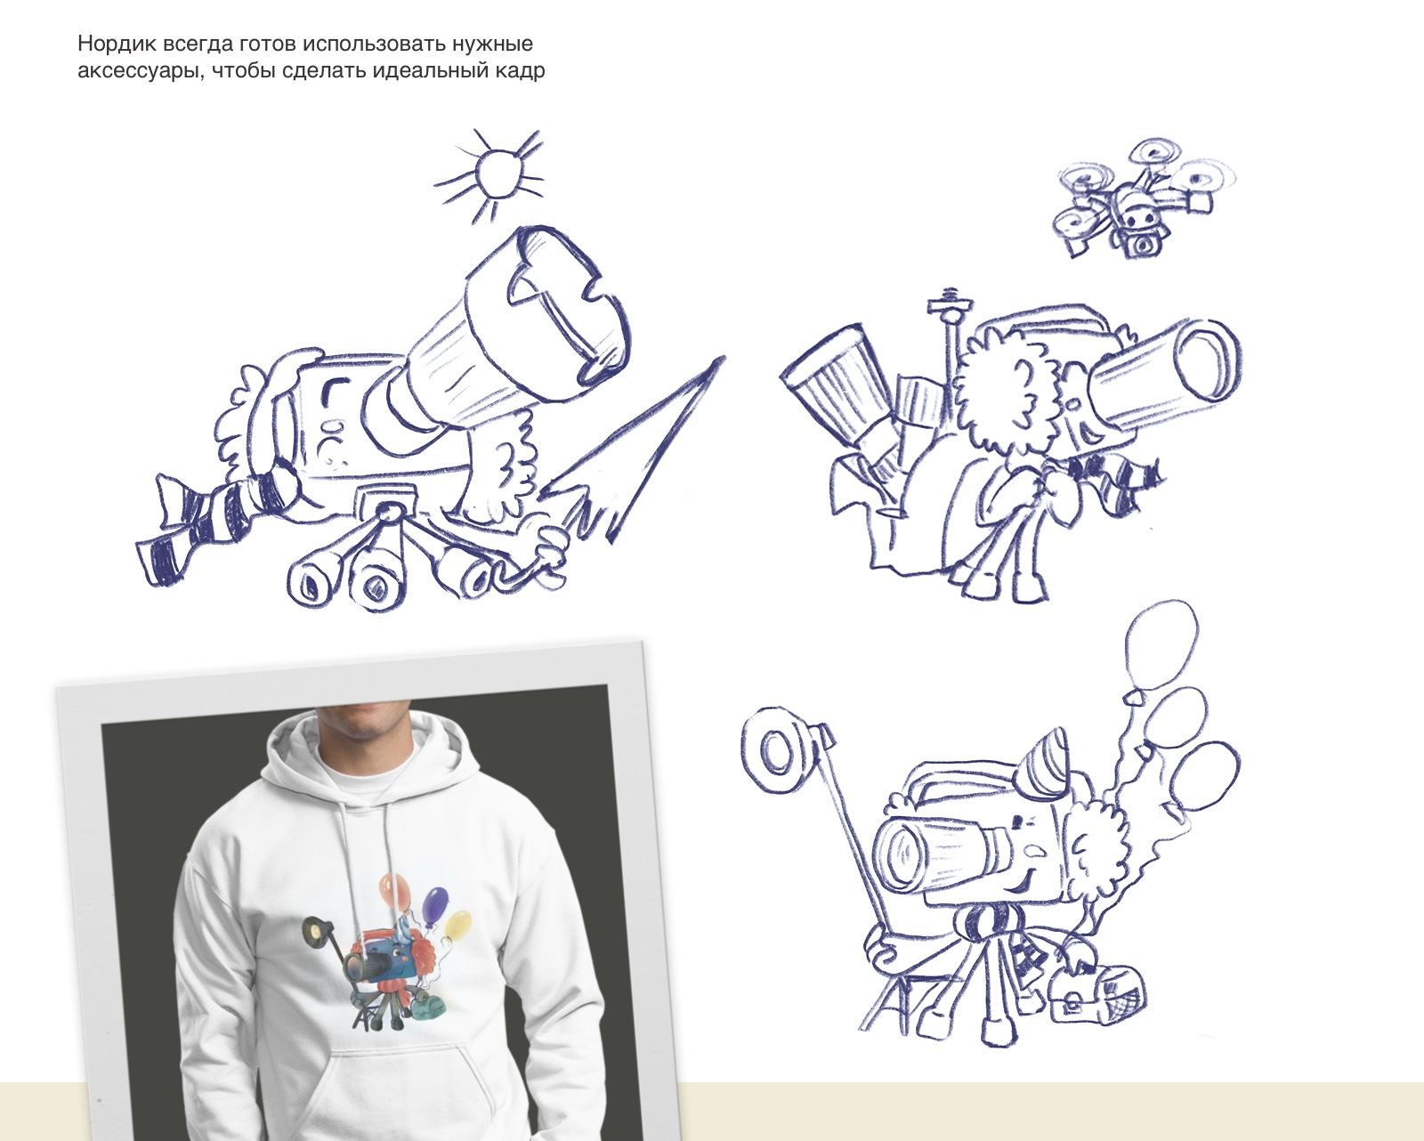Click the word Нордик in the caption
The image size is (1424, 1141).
click(117, 44)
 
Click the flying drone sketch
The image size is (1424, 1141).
click(1142, 198)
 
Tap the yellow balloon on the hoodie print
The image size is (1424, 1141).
click(457, 927)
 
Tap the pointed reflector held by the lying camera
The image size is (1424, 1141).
click(635, 450)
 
